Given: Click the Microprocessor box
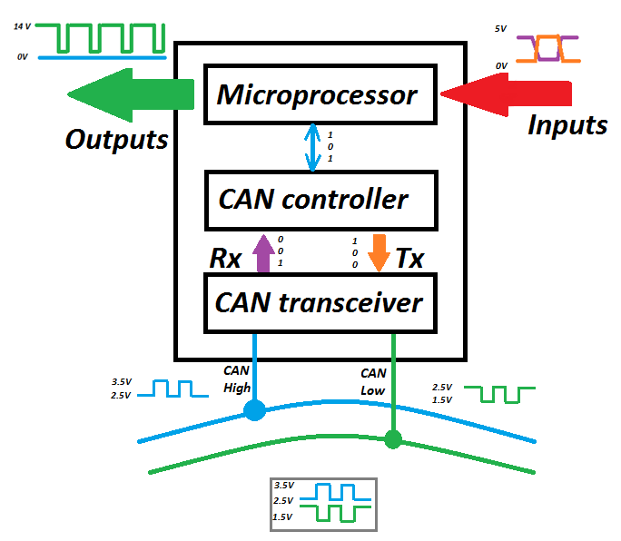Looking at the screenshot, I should point(317,94).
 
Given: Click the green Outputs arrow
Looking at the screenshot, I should point(131,93).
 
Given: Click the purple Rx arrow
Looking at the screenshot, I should point(262,252).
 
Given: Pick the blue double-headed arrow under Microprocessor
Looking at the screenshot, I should point(313,147).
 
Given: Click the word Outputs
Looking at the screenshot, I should point(117,139).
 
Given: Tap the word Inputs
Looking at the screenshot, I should point(567,125).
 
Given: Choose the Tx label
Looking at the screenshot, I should point(409,259).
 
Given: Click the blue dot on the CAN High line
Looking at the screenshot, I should point(255,411).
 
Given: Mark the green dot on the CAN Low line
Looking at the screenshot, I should point(393,439).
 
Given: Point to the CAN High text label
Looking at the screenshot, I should point(236,379).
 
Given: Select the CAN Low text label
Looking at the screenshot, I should point(373,381).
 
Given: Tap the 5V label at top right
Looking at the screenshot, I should point(500,28).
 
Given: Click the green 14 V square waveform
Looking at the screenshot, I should point(107,39).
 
